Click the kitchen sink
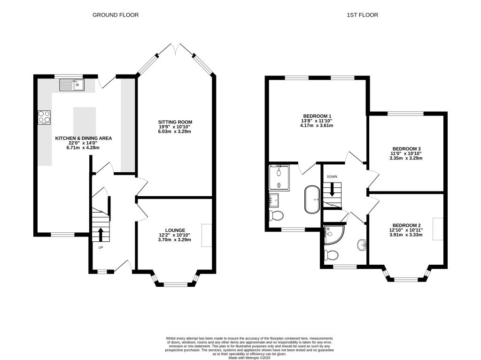(x=71, y=85)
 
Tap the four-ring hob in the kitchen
(x=44, y=116)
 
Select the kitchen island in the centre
(x=85, y=121)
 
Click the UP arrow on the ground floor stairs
(x=100, y=233)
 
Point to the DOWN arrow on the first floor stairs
(x=332, y=189)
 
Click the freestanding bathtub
(x=311, y=199)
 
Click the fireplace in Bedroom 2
(x=438, y=229)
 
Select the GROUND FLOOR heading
(x=116, y=15)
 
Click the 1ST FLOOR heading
(x=362, y=15)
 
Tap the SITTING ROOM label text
(x=175, y=122)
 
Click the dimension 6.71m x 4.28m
(x=83, y=148)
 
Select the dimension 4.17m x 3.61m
(x=317, y=125)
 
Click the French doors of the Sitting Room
(x=174, y=49)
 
